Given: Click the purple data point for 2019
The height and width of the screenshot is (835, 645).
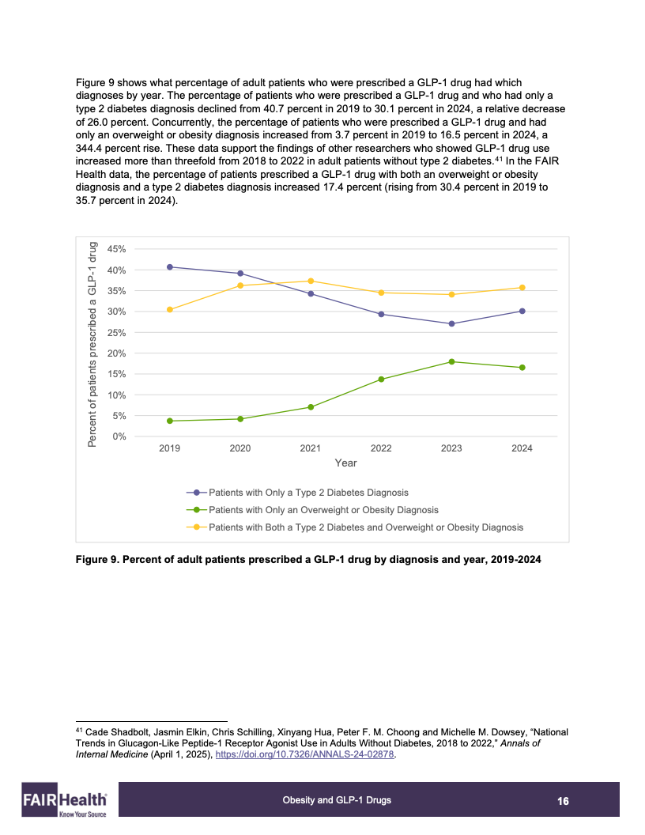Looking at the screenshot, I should tap(170, 267).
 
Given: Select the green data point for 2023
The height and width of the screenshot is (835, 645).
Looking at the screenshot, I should tap(451, 361).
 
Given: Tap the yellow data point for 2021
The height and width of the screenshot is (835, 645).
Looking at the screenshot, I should tap(311, 281).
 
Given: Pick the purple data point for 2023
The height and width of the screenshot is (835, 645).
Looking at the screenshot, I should tap(451, 323).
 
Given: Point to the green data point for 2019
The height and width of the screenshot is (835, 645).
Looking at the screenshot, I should tap(170, 421).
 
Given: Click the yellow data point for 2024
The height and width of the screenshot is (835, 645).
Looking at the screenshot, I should tap(522, 288).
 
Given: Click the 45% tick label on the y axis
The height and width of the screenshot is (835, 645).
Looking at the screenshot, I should tap(116, 249).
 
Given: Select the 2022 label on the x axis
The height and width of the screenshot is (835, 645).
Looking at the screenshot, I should tap(381, 448).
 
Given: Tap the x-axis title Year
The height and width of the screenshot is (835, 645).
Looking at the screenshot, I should tap(345, 463).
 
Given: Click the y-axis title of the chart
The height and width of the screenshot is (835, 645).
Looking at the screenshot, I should tap(92, 344).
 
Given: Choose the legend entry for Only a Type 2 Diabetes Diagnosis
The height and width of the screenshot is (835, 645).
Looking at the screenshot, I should tap(308, 493).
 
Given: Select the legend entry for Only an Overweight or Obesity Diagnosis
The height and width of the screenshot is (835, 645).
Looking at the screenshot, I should tap(323, 510).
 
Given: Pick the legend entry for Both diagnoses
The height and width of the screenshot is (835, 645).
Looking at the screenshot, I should tap(365, 527).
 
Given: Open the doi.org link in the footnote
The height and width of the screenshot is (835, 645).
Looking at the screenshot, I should tap(304, 754).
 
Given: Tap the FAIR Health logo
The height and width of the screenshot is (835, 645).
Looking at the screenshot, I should tap(66, 801).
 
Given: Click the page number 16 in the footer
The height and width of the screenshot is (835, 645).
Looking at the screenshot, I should tap(563, 801).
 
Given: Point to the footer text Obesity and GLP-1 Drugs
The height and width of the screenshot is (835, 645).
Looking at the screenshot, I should tap(337, 800).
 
